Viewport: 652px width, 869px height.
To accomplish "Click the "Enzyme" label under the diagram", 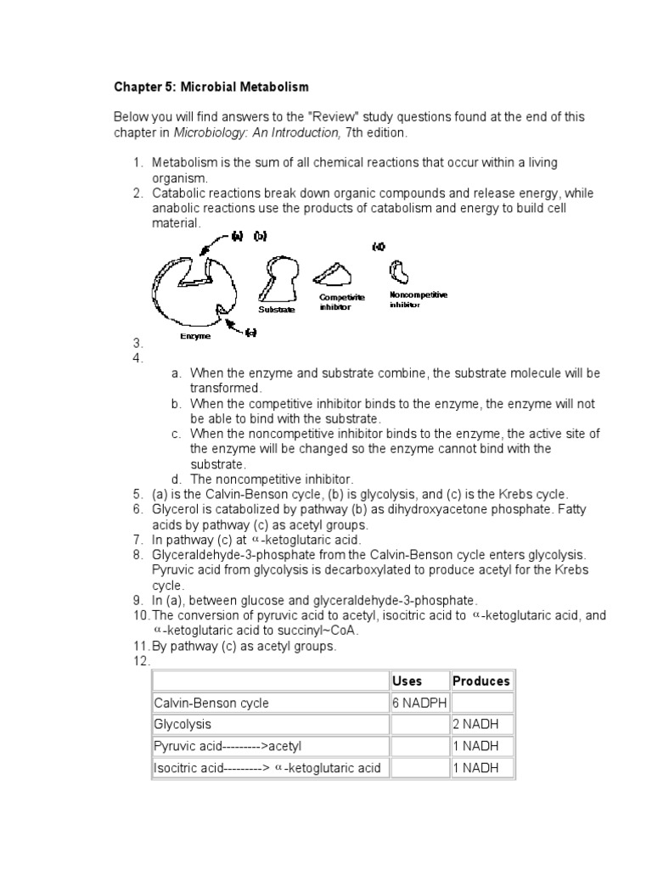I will coord(195,336).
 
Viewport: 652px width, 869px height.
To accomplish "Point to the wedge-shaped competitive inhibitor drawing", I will coord(336,274).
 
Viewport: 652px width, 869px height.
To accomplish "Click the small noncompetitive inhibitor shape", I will coord(399,272).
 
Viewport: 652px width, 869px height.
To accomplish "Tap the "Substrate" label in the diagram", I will coord(276,310).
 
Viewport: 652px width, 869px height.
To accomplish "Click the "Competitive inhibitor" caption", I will coord(341,302).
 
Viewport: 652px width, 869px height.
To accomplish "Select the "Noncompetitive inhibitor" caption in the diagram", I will coord(418,299).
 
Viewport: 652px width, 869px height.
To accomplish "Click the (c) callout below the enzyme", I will coord(250,333).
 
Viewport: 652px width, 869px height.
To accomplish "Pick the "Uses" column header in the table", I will coord(407,681).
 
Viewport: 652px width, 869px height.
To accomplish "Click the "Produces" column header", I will coord(481,681).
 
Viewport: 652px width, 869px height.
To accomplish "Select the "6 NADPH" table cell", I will coord(419,703).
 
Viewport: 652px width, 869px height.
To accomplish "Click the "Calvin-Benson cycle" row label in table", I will coord(211,703).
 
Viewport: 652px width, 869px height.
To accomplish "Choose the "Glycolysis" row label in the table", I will coord(183,725).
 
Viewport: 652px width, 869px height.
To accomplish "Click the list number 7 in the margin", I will coord(138,540).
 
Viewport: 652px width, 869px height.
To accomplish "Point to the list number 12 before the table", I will coord(141,661).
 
